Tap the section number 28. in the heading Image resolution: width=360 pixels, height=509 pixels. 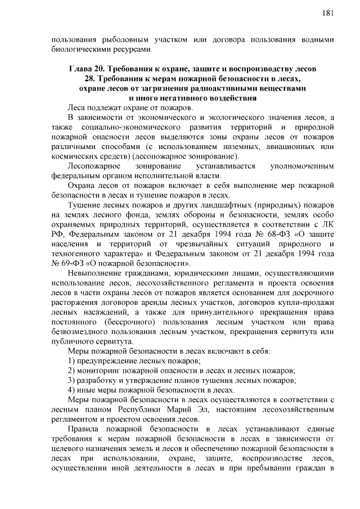tap(91, 79)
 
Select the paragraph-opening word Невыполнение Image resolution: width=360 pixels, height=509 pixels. tap(94, 273)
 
